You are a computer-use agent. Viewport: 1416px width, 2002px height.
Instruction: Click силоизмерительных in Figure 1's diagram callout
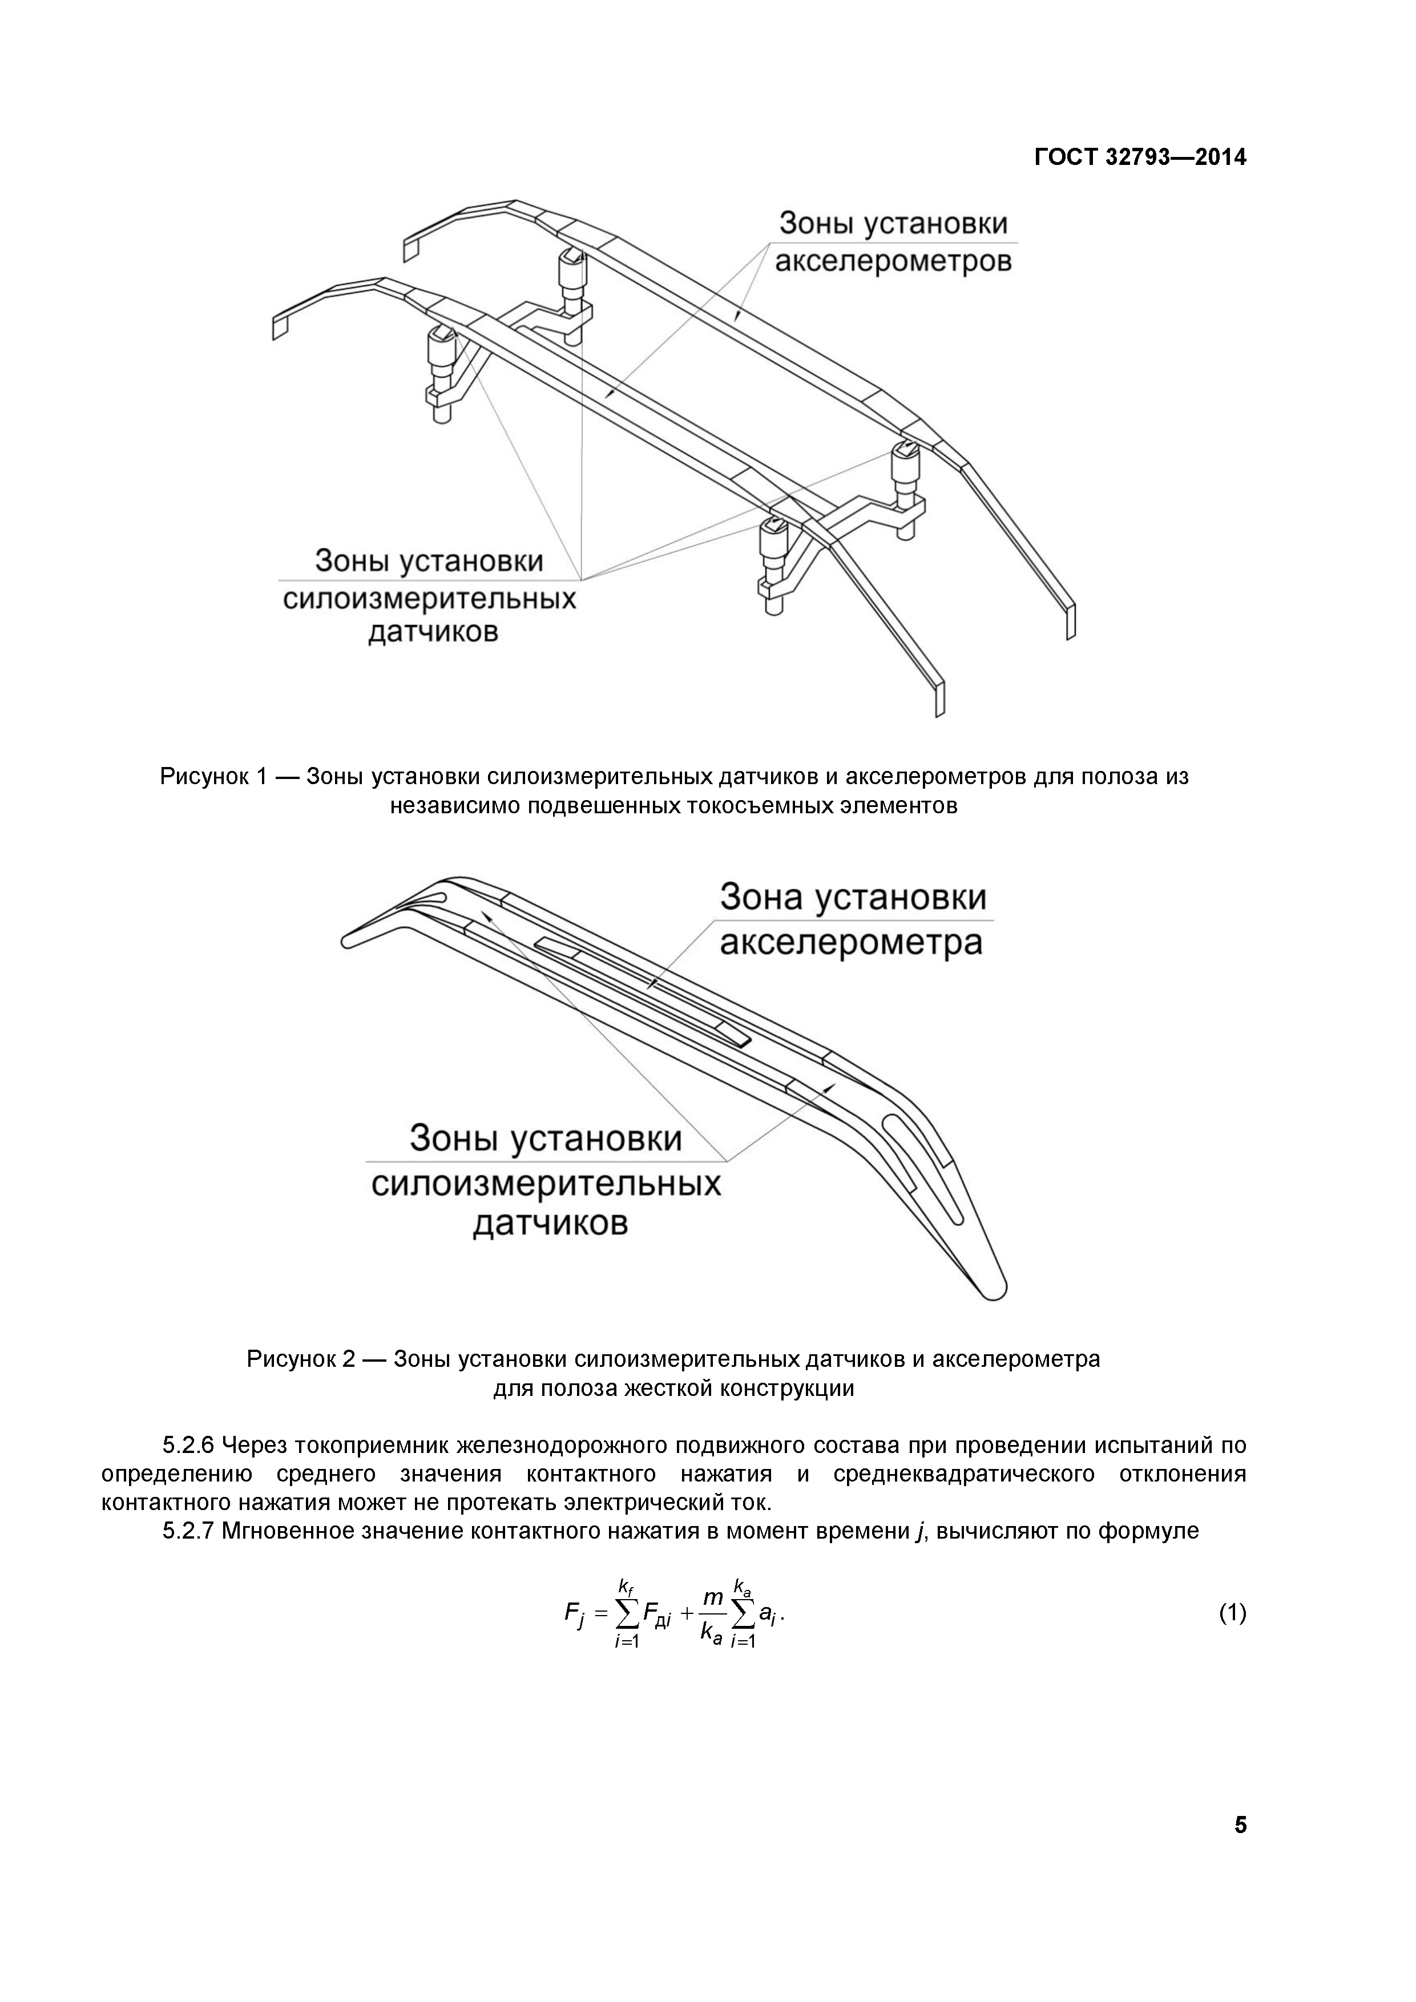click(x=429, y=600)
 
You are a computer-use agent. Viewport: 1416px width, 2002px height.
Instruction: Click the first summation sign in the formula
click(x=627, y=1614)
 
